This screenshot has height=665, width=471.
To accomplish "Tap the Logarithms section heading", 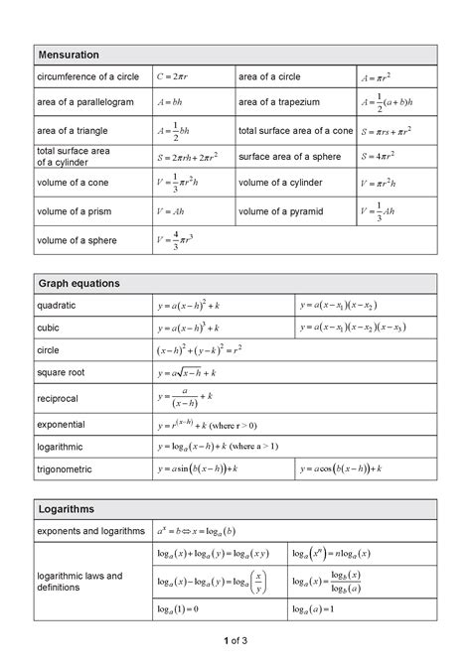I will click(67, 508).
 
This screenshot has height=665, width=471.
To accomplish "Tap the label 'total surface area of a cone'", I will click(295, 130).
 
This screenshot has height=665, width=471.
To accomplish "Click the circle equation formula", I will click(200, 350).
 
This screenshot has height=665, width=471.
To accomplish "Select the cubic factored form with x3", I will click(352, 328).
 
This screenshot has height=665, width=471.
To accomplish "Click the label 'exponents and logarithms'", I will click(90, 531).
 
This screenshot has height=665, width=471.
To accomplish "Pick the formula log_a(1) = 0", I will click(179, 607).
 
